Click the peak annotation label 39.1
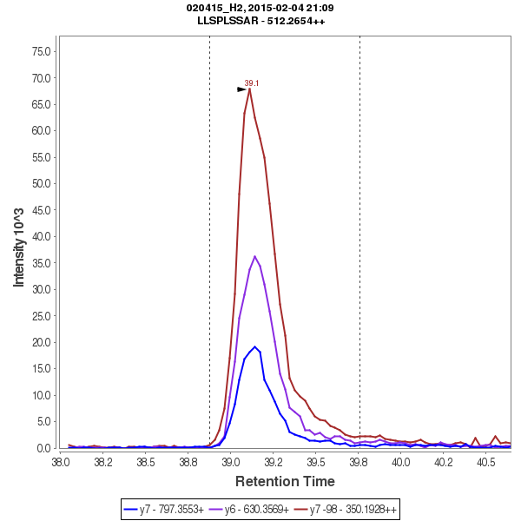click(252, 83)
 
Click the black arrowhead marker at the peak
click(242, 89)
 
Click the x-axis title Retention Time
click(285, 481)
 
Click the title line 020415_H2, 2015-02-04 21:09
click(260, 8)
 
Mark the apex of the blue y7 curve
click(255, 346)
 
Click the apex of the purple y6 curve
click(254, 256)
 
